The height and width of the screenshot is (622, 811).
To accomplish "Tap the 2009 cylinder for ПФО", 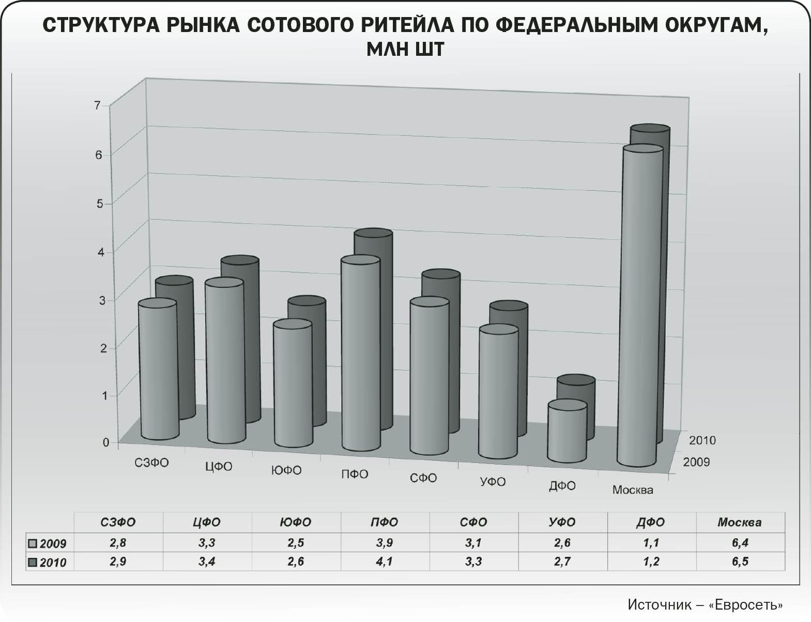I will click(x=360, y=356).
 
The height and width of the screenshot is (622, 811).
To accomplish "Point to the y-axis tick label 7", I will click(x=97, y=105).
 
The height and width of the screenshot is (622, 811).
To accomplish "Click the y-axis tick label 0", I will click(x=106, y=442).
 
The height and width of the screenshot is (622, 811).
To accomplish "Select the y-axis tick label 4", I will click(x=101, y=252).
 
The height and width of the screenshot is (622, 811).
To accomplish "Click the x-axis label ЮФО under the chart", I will click(x=286, y=470).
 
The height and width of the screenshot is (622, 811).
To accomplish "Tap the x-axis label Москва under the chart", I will click(x=633, y=490).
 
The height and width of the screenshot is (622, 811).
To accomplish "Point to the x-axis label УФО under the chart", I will click(x=493, y=481).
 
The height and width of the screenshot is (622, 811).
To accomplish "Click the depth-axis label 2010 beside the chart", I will click(x=702, y=440).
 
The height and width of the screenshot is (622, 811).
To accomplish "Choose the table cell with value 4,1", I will click(x=385, y=562).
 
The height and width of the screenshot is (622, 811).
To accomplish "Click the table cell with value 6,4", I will click(x=740, y=543).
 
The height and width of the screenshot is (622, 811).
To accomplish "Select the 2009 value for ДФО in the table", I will click(x=651, y=543).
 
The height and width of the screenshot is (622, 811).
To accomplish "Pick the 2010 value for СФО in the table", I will click(x=473, y=562).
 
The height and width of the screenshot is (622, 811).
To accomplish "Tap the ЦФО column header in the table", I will click(x=207, y=522).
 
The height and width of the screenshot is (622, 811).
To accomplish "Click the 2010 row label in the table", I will click(x=53, y=563).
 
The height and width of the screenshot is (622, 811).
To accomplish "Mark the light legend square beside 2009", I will click(x=33, y=543).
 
